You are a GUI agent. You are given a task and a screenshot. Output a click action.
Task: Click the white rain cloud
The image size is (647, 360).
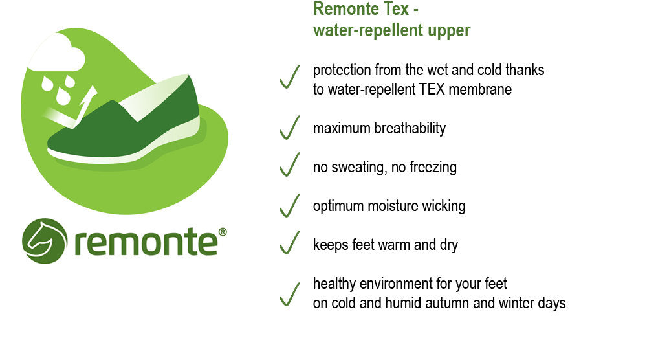point(57,54)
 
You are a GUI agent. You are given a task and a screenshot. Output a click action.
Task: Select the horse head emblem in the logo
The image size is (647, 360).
point(45,241)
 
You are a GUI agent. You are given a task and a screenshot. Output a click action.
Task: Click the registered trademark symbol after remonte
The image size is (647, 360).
point(223,232)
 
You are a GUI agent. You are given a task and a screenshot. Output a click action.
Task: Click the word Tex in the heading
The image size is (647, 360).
point(396,9)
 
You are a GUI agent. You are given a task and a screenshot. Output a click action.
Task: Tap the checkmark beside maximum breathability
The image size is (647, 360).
point(290,128)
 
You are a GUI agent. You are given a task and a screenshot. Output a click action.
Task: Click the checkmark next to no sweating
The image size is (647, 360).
point(290,164)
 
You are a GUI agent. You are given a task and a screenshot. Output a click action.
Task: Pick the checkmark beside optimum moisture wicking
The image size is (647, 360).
point(290,206)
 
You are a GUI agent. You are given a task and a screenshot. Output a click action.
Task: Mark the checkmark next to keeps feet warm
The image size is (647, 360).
point(290,243)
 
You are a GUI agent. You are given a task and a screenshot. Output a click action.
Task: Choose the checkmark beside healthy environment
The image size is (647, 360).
point(290,295)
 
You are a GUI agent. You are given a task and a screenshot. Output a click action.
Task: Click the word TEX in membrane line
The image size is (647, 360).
point(432,89)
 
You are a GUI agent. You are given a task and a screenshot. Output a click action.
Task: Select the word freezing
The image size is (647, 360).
point(433,168)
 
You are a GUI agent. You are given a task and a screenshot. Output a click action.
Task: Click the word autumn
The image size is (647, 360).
point(447,303)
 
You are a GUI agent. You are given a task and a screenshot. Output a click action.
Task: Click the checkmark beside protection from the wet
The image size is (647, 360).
point(290,77)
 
